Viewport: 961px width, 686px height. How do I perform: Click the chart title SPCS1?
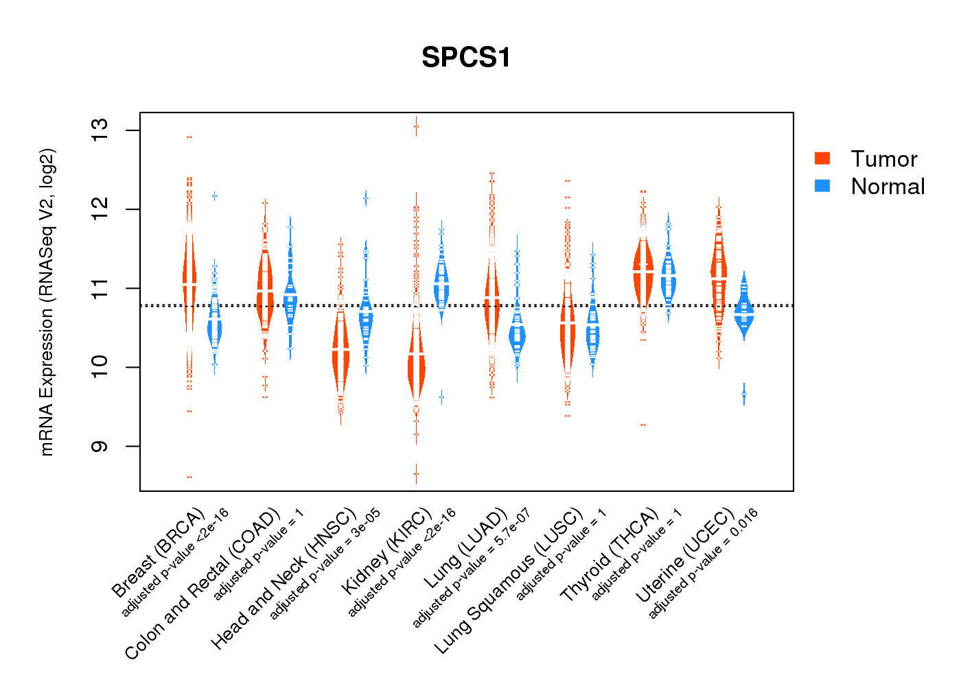coord(466,58)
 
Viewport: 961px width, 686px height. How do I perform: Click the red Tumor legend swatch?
coord(822,158)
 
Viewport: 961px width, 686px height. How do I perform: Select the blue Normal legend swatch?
coord(822,186)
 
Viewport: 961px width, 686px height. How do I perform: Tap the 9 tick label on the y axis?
coord(100,447)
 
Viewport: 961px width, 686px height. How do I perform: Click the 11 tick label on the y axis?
coord(100,288)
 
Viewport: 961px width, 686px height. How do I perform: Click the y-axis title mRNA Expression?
coord(47,302)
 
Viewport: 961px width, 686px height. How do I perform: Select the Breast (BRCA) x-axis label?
coord(159,552)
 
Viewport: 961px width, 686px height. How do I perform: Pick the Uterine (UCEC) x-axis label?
coord(685,556)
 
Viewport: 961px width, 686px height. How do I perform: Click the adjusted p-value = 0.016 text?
coord(703,563)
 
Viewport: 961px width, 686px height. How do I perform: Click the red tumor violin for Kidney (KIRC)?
coord(416,364)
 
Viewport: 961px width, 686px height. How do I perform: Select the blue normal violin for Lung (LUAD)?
coord(517,336)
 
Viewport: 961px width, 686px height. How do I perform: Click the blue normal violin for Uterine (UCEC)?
coord(743,312)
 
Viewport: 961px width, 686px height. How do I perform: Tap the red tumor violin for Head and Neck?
coord(340,350)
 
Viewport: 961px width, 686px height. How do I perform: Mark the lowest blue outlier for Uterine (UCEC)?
coord(744,394)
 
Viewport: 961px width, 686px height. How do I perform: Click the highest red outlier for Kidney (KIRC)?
coord(416,126)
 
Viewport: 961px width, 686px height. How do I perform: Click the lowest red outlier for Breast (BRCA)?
coord(189,477)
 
